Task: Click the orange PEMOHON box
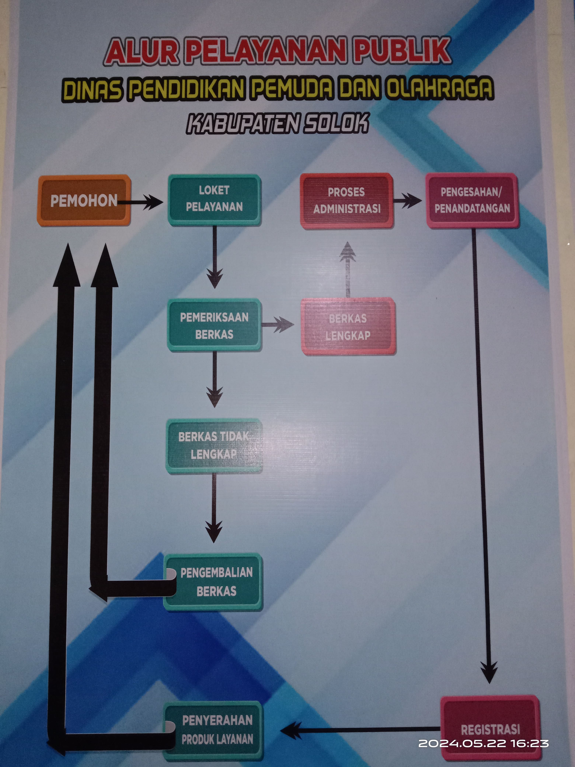(84, 200)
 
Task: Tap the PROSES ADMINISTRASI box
(347, 201)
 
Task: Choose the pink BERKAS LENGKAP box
(348, 326)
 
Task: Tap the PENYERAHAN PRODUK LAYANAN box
(213, 730)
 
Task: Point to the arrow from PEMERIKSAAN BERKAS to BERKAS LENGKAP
(278, 325)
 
